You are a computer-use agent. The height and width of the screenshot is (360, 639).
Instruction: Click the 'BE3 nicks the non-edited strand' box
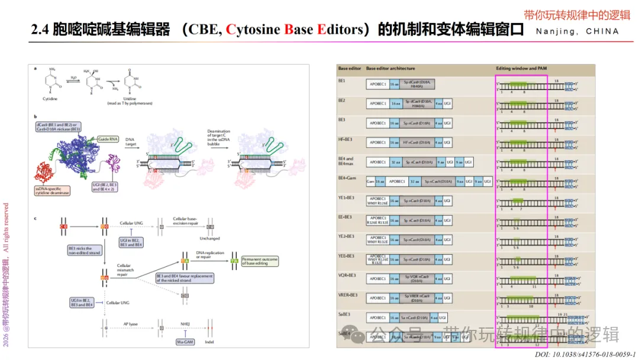click(x=85, y=250)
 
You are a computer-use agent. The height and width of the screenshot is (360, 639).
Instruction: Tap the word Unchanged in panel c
click(x=210, y=239)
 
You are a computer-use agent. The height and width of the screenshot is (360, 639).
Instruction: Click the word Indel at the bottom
click(x=210, y=341)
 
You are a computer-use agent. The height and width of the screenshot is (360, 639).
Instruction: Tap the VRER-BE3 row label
click(x=348, y=295)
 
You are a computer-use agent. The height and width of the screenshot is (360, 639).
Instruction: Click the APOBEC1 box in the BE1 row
click(x=377, y=85)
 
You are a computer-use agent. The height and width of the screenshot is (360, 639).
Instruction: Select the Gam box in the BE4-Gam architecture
click(x=370, y=182)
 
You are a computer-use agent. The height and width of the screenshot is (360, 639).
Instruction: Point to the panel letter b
click(x=36, y=117)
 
